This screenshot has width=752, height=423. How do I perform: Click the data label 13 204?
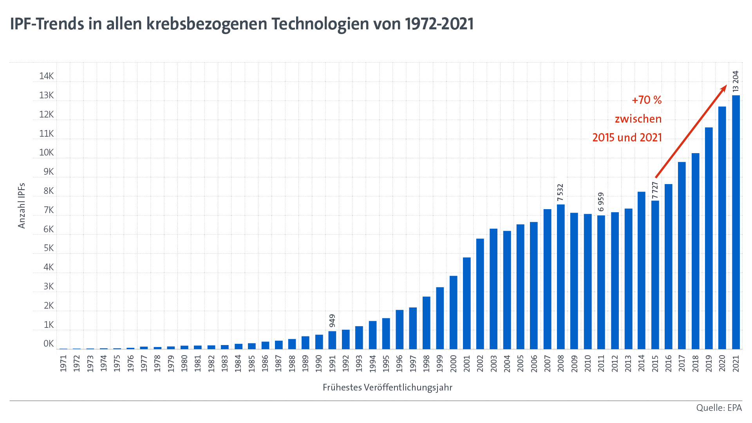[x=736, y=81]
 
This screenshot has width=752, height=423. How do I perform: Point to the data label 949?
[x=332, y=321]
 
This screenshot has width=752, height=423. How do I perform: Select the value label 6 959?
[x=601, y=202]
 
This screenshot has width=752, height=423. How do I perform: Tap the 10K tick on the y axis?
[x=47, y=153]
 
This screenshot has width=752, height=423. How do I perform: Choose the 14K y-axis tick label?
[x=47, y=76]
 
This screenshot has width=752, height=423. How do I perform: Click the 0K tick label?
[x=49, y=344]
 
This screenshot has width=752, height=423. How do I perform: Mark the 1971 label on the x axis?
[x=63, y=363]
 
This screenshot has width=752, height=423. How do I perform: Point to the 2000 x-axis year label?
[x=454, y=363]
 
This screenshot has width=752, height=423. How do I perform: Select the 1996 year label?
[x=399, y=363]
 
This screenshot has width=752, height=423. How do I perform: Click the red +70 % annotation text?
[x=647, y=100]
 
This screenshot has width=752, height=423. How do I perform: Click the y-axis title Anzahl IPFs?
[x=22, y=206]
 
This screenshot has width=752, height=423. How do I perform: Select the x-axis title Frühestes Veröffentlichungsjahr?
[x=387, y=388]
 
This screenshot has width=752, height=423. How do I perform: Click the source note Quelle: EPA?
[x=719, y=408]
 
